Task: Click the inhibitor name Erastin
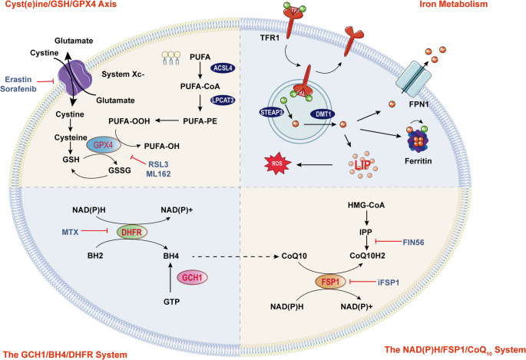coord(21,80)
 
